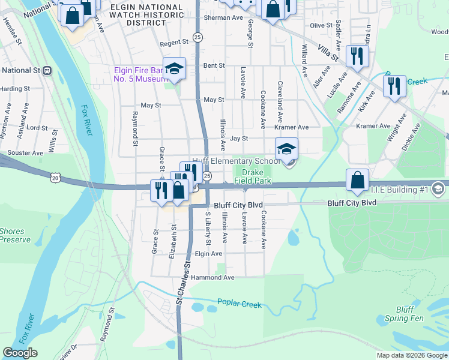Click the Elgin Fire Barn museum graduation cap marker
click(x=174, y=68)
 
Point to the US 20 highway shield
click(x=56, y=178)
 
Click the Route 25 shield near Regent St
click(x=198, y=37)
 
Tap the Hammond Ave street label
click(x=212, y=278)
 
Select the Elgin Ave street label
click(x=208, y=254)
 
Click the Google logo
click(x=20, y=353)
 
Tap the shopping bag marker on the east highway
click(x=357, y=181)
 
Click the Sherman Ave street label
click(x=223, y=18)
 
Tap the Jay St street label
click(x=239, y=139)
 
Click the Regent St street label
click(x=174, y=44)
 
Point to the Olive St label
click(x=321, y=25)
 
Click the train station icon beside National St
click(x=47, y=70)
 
